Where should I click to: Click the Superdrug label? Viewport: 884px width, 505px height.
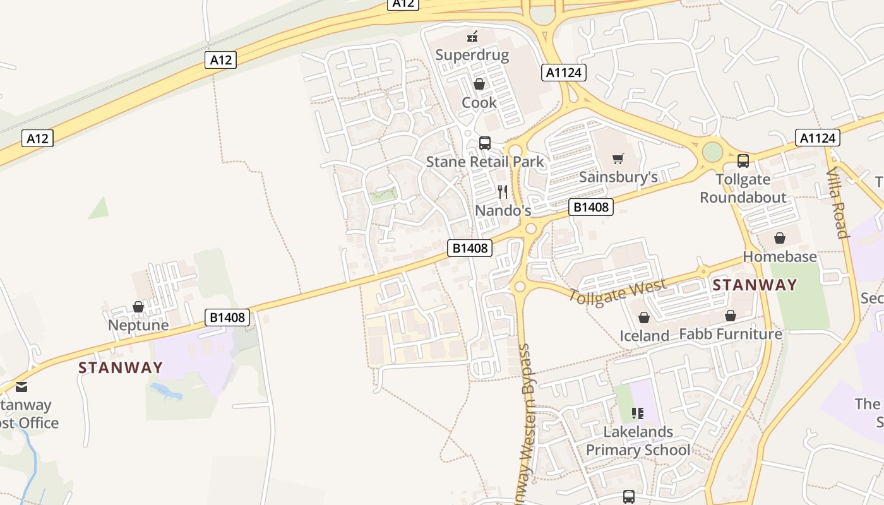click(x=472, y=55)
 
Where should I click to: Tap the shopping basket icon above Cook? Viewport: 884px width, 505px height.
click(x=479, y=84)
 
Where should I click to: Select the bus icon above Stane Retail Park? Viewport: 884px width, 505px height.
click(x=485, y=143)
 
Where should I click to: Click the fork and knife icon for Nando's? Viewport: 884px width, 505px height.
click(x=503, y=192)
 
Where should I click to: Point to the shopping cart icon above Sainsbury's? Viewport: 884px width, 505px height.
click(x=618, y=158)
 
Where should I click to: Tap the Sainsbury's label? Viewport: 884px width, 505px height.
click(x=618, y=177)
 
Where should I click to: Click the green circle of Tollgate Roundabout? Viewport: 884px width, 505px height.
click(x=712, y=152)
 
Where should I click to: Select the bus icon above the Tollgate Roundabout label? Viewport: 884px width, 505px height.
click(x=743, y=161)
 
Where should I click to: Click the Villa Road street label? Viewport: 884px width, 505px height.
click(x=837, y=203)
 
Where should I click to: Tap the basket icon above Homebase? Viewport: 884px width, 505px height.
click(x=780, y=238)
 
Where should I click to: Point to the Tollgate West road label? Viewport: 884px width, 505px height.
click(x=617, y=292)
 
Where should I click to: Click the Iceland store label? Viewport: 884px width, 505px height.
click(x=644, y=335)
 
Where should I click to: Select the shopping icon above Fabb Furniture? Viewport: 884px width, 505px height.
click(x=731, y=315)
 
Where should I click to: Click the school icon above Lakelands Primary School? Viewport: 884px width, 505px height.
click(x=638, y=413)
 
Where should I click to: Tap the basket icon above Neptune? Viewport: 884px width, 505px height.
click(x=138, y=307)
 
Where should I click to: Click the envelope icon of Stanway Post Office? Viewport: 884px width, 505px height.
click(x=22, y=387)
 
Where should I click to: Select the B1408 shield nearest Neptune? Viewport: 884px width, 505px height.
click(x=227, y=317)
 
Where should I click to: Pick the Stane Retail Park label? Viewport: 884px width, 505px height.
click(x=485, y=162)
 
